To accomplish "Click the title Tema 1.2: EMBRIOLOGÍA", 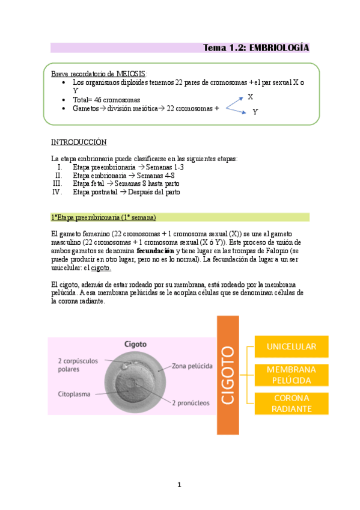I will click(x=257, y=48).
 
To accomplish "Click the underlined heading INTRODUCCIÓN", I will click(x=79, y=142).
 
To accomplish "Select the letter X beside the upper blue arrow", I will click(x=250, y=97).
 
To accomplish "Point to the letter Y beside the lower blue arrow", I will click(x=255, y=112).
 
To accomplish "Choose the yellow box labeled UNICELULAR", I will click(x=291, y=347).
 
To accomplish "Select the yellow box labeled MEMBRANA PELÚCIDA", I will click(x=291, y=375).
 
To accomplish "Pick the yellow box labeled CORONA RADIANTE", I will click(x=291, y=404).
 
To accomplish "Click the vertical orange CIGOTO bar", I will click(x=232, y=374).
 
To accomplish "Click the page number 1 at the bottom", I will click(x=179, y=485).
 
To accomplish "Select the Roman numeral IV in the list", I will click(x=57, y=192).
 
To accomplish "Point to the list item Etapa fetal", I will click(x=88, y=183).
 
